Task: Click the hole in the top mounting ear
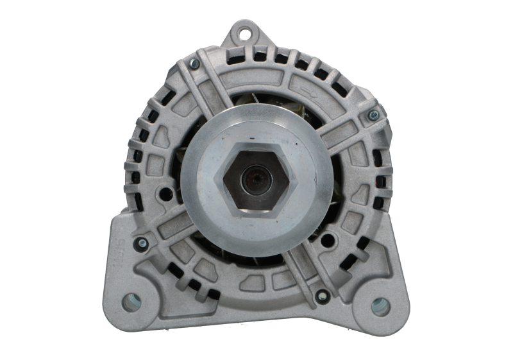click(x=244, y=29)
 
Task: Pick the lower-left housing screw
click(x=142, y=242)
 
